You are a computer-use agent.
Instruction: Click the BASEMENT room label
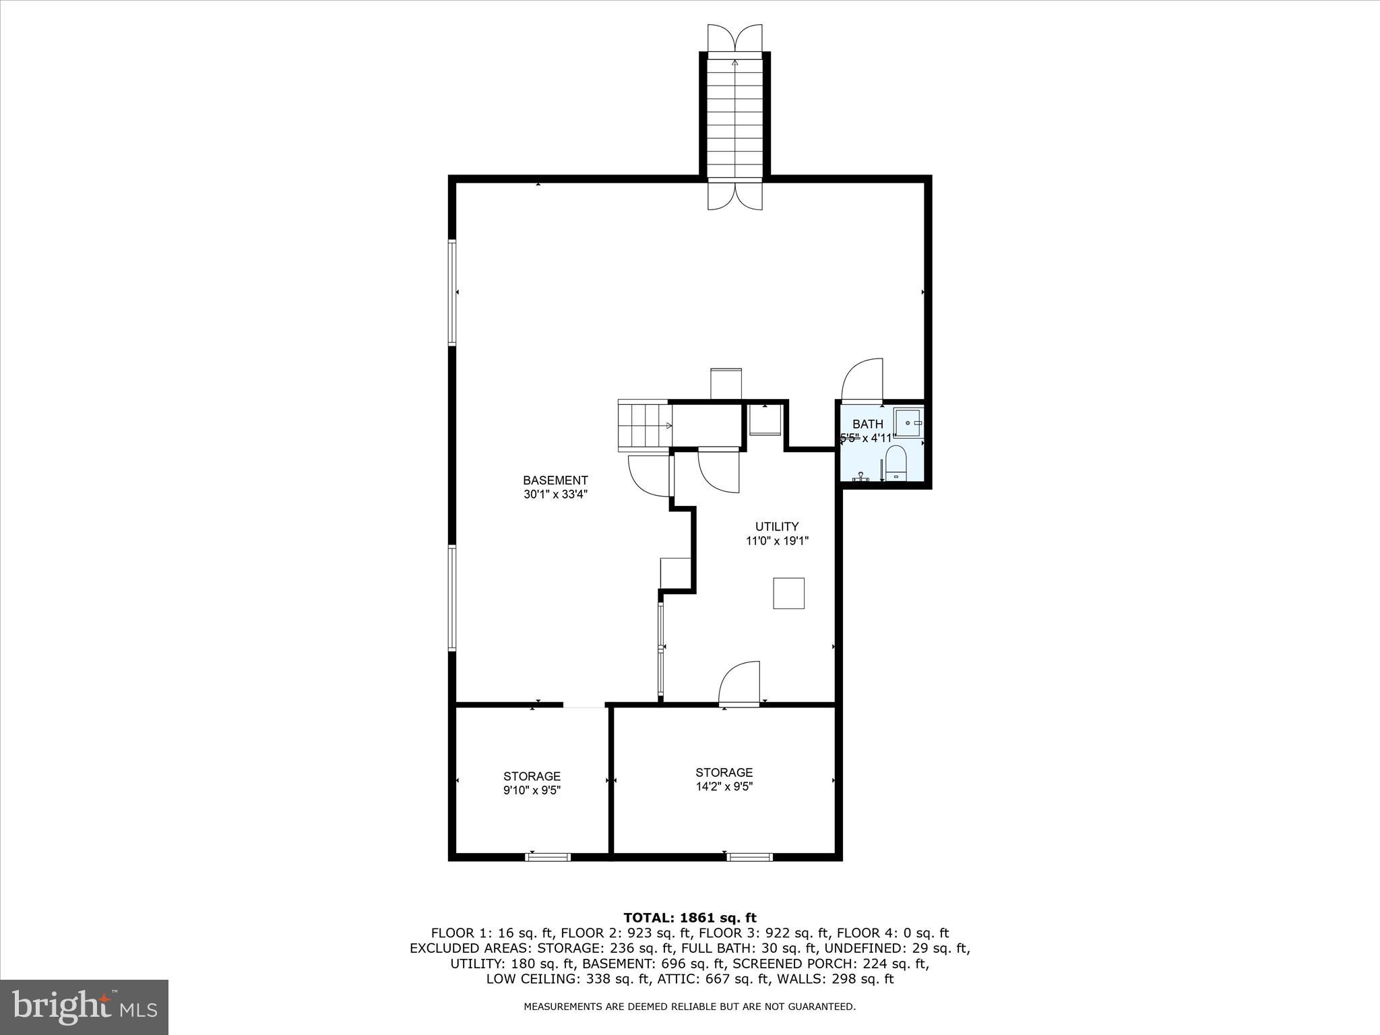point(555,480)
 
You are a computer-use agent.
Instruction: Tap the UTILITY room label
point(776,526)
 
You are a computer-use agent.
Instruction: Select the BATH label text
point(867,424)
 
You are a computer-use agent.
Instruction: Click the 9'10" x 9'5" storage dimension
point(532,790)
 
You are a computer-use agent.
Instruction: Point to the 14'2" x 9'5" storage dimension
point(724,786)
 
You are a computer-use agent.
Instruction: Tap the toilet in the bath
point(896,464)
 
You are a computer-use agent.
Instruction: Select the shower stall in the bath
point(908,422)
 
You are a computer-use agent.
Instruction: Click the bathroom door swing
point(862,381)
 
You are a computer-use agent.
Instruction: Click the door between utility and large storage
point(740,684)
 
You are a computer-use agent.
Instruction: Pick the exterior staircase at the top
point(734,118)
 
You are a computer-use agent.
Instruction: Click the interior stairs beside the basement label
point(645,425)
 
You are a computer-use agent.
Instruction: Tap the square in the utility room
point(788,593)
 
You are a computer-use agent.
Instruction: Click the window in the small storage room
point(548,857)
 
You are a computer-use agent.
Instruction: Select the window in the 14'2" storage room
point(749,857)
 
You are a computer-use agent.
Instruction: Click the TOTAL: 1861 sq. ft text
point(689,918)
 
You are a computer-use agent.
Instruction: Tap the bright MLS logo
point(84,1007)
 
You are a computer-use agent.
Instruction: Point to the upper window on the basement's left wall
point(452,293)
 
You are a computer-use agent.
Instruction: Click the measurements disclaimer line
point(689,1007)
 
